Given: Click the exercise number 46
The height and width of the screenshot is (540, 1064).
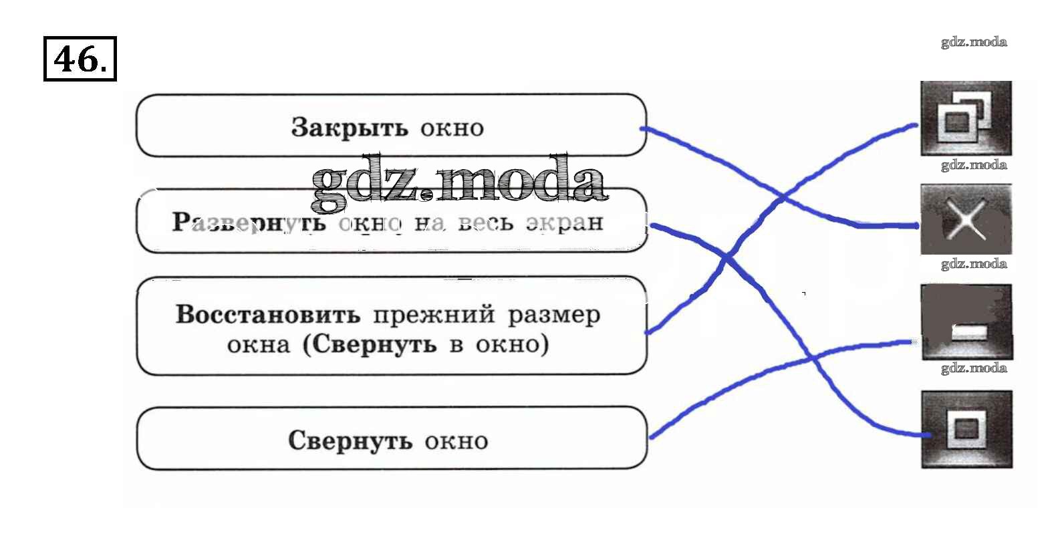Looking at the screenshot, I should click(x=80, y=59).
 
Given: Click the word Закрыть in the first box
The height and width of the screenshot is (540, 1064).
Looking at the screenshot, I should click(x=349, y=127).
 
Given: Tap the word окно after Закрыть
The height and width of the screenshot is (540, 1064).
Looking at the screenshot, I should click(x=452, y=128).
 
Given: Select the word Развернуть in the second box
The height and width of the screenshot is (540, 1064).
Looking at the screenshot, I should click(x=249, y=222).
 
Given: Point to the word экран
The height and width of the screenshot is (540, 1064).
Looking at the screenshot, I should click(x=564, y=223).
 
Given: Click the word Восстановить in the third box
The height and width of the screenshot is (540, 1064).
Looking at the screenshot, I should click(x=267, y=314).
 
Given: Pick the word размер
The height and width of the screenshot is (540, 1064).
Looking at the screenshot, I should click(x=554, y=315).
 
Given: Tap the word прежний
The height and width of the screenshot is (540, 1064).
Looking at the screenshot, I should click(x=434, y=314).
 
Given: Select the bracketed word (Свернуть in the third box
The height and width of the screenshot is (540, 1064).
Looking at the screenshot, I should click(x=370, y=344).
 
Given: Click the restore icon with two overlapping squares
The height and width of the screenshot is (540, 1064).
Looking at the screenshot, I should click(x=965, y=118).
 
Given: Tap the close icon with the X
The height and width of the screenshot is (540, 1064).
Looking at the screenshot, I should click(x=966, y=220).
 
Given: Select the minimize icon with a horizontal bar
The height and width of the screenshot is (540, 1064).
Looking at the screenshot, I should click(x=966, y=323).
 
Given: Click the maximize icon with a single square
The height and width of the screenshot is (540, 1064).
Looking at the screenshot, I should click(x=966, y=429).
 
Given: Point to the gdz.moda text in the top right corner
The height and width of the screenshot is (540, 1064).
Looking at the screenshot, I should click(x=974, y=42).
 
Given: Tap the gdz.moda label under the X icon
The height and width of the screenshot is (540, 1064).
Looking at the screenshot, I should click(x=974, y=263).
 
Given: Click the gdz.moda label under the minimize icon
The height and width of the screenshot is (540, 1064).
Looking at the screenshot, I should click(x=974, y=368).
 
